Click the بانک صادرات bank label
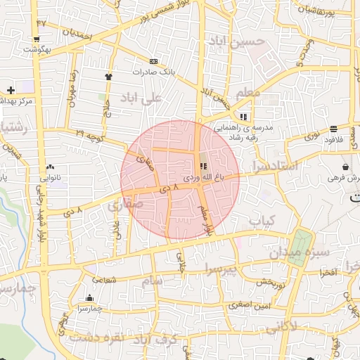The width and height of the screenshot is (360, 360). coord(151,72)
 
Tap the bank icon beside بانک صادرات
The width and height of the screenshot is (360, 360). coord(153,61)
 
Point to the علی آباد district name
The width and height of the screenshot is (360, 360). coord(143,97)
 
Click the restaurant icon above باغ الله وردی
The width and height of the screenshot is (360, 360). coord(203,167)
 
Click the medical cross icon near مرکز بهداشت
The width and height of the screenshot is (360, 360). coord(11,90)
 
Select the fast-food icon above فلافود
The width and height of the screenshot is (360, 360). coord(333,129)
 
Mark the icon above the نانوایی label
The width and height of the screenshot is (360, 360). coord(50,167)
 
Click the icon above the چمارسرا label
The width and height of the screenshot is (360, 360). coord(89,297)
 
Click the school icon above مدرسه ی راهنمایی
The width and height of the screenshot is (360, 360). coord(243,117)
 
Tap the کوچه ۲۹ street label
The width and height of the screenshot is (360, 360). coord(90,133)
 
